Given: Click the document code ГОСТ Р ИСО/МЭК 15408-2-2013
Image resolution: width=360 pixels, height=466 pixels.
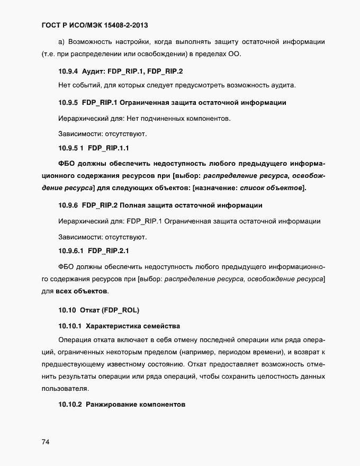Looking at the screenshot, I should click(98, 25).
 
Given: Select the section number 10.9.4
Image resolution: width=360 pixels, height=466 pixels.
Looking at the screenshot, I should click(68, 71).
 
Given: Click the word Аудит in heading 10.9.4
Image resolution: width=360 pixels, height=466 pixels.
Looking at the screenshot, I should click(94, 71).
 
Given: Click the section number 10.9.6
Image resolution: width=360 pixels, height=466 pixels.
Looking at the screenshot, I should click(68, 205).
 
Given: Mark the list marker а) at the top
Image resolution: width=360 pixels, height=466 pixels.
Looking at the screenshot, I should click(61, 42).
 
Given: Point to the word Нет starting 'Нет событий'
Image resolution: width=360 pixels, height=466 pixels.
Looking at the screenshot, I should click(65, 85).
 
